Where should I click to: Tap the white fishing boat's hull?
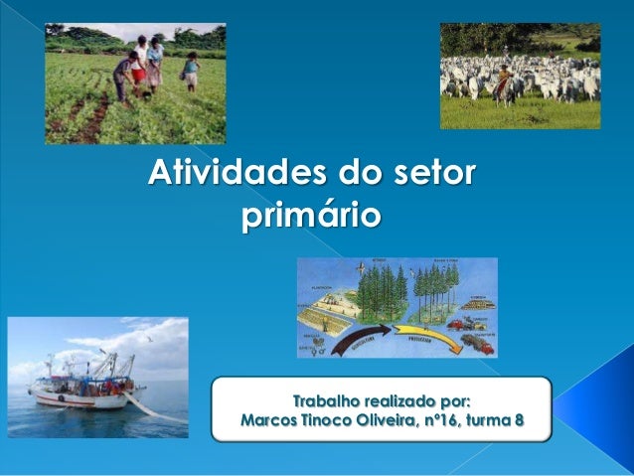click(x=75, y=398)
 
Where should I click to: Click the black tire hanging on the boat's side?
click(x=60, y=397)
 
